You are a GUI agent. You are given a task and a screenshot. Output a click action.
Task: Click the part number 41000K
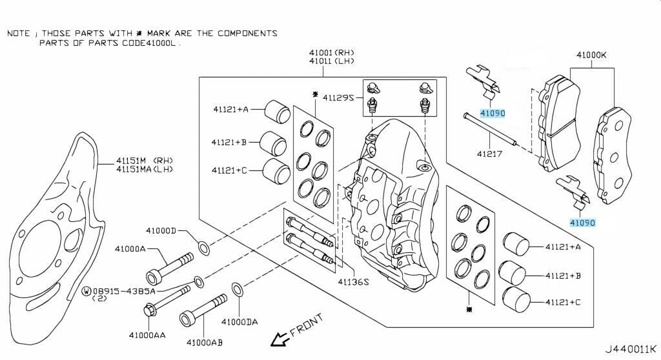tap(591, 55)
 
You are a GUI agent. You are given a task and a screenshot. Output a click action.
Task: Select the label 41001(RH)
tap(331, 53)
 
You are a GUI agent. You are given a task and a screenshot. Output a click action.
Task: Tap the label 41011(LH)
tap(331, 61)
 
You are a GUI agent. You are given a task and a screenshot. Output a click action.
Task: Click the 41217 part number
tap(490, 154)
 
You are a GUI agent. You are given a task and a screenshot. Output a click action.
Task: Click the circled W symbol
tap(86, 291)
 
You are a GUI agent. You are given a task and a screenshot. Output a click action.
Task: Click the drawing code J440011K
tap(630, 349)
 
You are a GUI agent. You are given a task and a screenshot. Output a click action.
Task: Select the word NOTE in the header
tap(18, 34)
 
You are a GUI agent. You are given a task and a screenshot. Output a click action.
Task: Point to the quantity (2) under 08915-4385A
tap(99, 299)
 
